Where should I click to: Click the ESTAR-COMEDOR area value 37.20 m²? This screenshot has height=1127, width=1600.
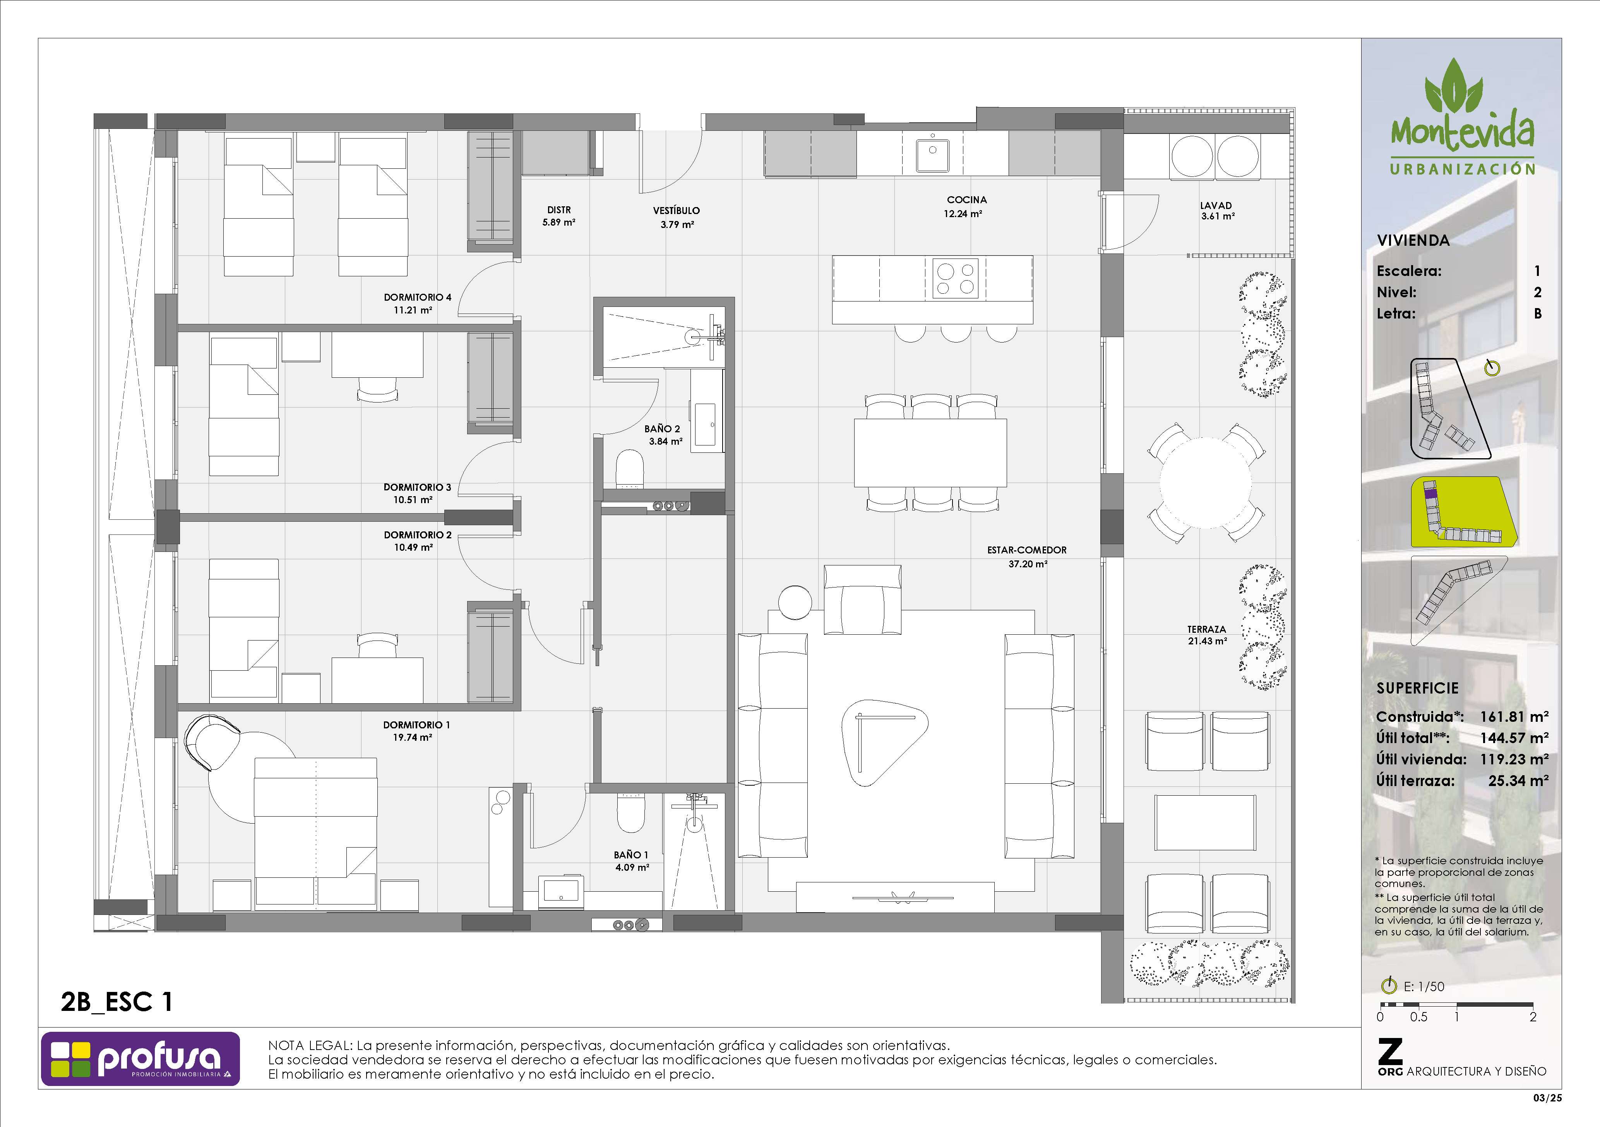click(x=1028, y=564)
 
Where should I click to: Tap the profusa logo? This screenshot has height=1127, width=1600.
click(x=140, y=1059)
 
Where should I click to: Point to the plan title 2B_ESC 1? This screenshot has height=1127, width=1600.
click(x=117, y=1002)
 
